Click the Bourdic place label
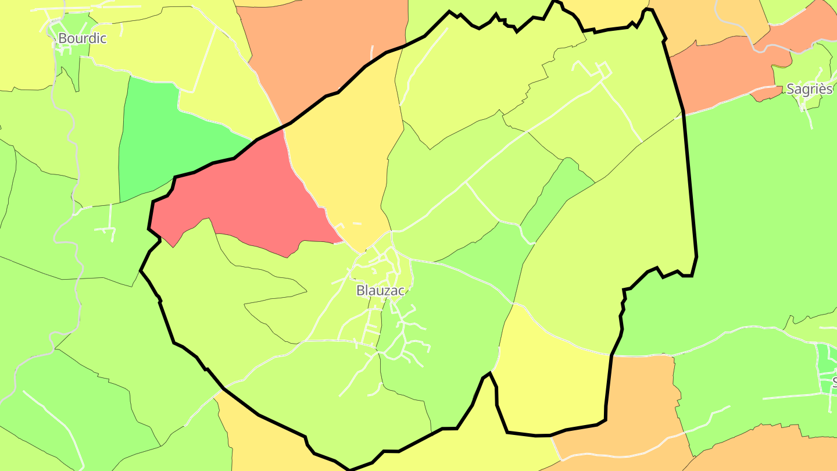click(82, 38)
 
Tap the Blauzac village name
click(380, 290)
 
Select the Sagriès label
click(809, 89)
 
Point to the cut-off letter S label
click(834, 382)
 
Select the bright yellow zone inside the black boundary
click(552, 384)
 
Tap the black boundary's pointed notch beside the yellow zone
click(491, 373)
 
